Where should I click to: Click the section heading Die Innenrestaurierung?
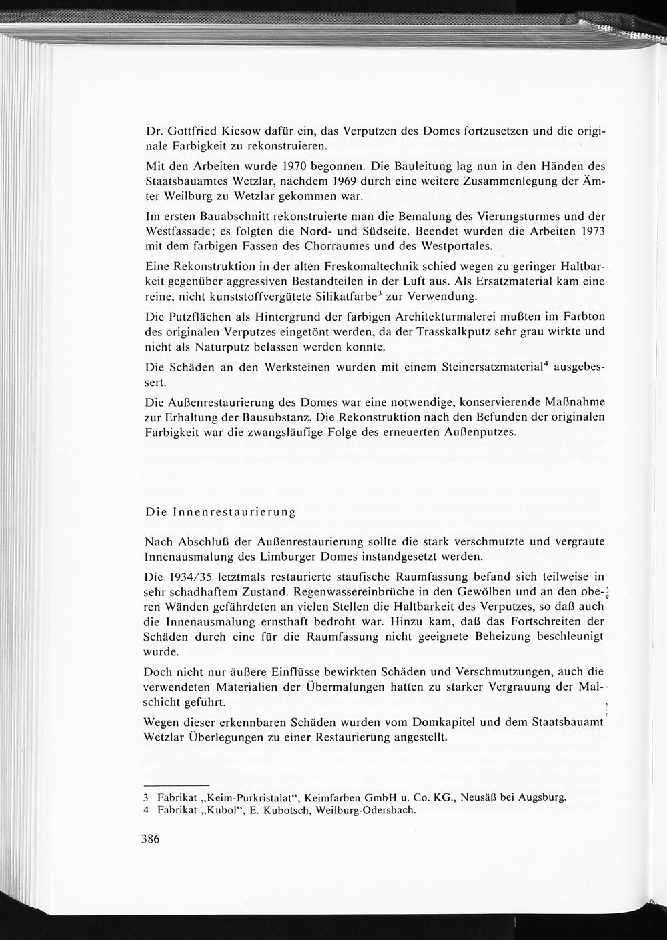(x=220, y=512)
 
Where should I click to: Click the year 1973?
(x=590, y=231)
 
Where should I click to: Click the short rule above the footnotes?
(x=176, y=786)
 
